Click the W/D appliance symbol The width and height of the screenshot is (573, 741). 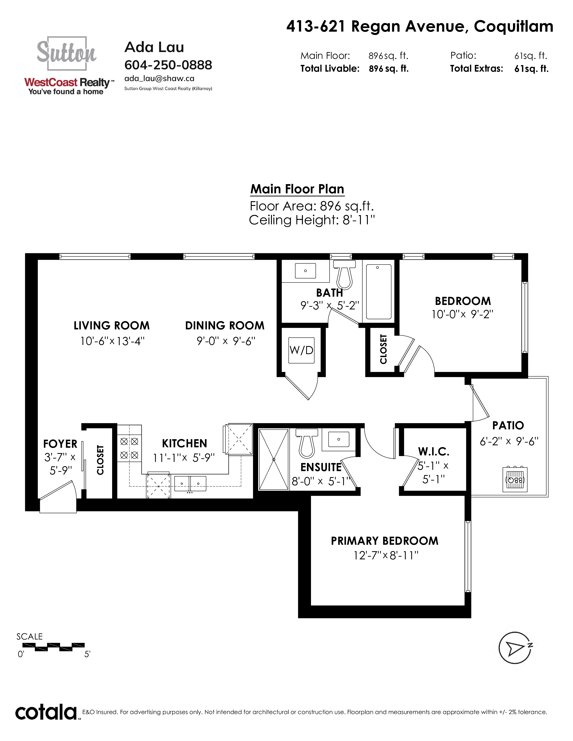click(301, 350)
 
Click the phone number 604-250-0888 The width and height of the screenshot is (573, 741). click(168, 65)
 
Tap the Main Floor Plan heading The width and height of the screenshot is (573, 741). click(297, 189)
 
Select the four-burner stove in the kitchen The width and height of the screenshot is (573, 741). click(129, 448)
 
